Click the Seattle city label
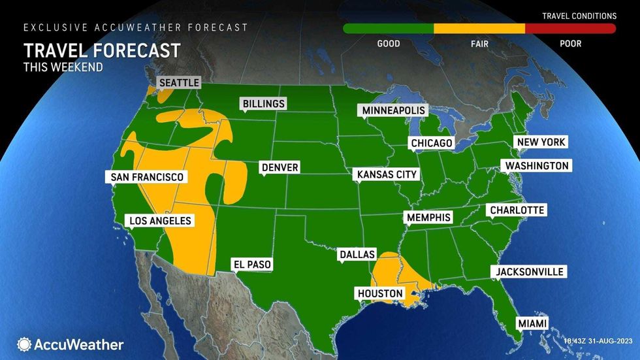pyautogui.click(x=178, y=83)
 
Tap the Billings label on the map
pyautogui.click(x=263, y=104)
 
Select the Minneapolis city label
pyautogui.click(x=394, y=110)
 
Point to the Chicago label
pyautogui.click(x=431, y=143)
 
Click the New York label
pyautogui.click(x=540, y=142)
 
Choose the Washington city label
pyautogui.click(x=537, y=166)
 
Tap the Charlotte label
pyautogui.click(x=515, y=210)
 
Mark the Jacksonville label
pyautogui.click(x=529, y=272)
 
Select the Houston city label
pyautogui.click(x=380, y=293)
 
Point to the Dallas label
pyautogui.click(x=357, y=254)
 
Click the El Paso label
pyautogui.click(x=252, y=265)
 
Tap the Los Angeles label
pyautogui.click(x=160, y=221)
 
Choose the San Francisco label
pyautogui.click(x=147, y=177)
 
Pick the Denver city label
pyautogui.click(x=280, y=168)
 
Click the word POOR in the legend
pyautogui.click(x=570, y=44)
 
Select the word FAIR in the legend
pyautogui.click(x=479, y=44)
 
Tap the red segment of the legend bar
pyautogui.click(x=570, y=29)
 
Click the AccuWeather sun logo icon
pyautogui.click(x=24, y=344)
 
